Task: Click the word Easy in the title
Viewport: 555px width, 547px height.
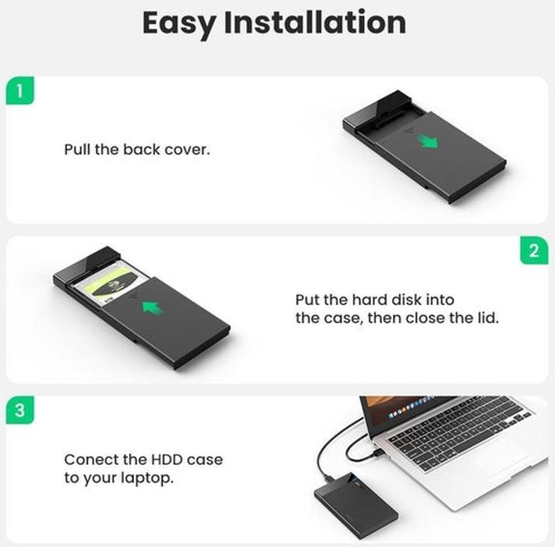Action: tap(179, 23)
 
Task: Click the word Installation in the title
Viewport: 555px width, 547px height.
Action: tap(314, 23)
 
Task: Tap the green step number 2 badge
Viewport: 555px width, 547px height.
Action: tap(533, 250)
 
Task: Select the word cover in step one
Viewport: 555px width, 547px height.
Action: tap(187, 148)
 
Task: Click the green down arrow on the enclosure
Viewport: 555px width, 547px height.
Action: tap(426, 141)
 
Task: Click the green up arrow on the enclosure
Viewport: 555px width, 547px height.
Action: tap(153, 307)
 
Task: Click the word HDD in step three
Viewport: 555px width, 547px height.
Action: tap(165, 460)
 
